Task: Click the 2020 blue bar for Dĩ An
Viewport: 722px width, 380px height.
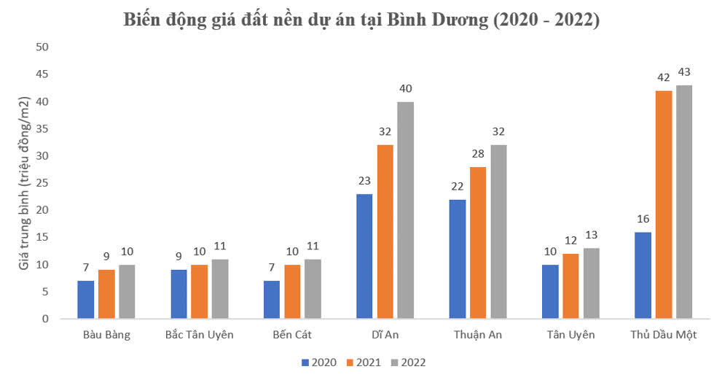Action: pyautogui.click(x=365, y=256)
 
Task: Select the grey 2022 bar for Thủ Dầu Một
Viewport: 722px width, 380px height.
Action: pyautogui.click(x=684, y=202)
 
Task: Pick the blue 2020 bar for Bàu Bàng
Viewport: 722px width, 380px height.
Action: pyautogui.click(x=86, y=300)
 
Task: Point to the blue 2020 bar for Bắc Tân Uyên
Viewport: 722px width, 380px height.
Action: pyautogui.click(x=178, y=295)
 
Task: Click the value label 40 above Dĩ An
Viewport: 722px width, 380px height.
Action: pyautogui.click(x=406, y=89)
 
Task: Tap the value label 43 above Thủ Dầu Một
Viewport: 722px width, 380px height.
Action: pyautogui.click(x=684, y=72)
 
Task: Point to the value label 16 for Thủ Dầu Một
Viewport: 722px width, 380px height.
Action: pyautogui.click(x=643, y=219)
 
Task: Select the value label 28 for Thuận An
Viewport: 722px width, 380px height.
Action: pyautogui.click(x=478, y=154)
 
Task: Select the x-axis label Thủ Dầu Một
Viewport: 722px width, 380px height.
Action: pyautogui.click(x=663, y=335)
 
